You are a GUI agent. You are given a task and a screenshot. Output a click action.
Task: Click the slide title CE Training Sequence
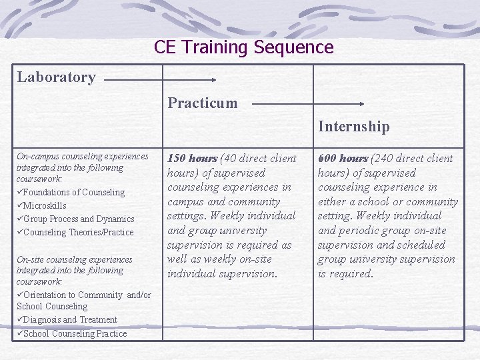click(x=243, y=47)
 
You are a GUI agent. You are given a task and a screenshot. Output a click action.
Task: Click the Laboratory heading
click(x=56, y=77)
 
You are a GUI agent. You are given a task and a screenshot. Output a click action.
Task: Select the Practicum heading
click(x=202, y=103)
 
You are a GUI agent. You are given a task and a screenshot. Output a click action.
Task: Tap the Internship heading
click(x=353, y=127)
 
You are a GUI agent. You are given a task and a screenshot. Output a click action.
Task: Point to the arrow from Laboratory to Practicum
click(x=160, y=79)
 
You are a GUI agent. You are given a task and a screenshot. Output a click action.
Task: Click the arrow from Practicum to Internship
click(x=308, y=104)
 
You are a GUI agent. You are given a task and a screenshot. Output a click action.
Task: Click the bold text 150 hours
click(x=192, y=159)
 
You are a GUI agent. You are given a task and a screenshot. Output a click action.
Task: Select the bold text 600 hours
click(x=343, y=159)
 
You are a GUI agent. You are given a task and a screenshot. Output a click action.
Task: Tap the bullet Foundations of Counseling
click(x=73, y=193)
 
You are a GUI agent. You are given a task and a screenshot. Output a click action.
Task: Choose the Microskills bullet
click(x=45, y=206)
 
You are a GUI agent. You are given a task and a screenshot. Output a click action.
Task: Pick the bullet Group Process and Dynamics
click(x=78, y=219)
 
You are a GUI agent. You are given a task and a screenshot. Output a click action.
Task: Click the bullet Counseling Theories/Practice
click(x=78, y=233)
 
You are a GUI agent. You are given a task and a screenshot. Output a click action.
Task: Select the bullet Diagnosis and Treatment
click(x=69, y=320)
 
